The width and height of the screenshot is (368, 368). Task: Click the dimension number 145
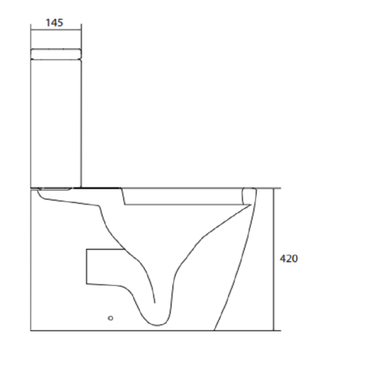click(54, 23)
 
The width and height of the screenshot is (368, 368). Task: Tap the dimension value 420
click(289, 259)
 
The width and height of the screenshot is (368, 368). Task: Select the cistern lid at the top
click(56, 54)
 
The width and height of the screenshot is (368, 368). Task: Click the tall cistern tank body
click(56, 123)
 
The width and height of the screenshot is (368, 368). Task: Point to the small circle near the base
click(110, 318)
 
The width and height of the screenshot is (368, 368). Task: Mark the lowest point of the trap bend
click(157, 326)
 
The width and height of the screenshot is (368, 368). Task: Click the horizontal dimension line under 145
click(56, 30)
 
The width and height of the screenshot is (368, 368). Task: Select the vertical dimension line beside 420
click(273, 259)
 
